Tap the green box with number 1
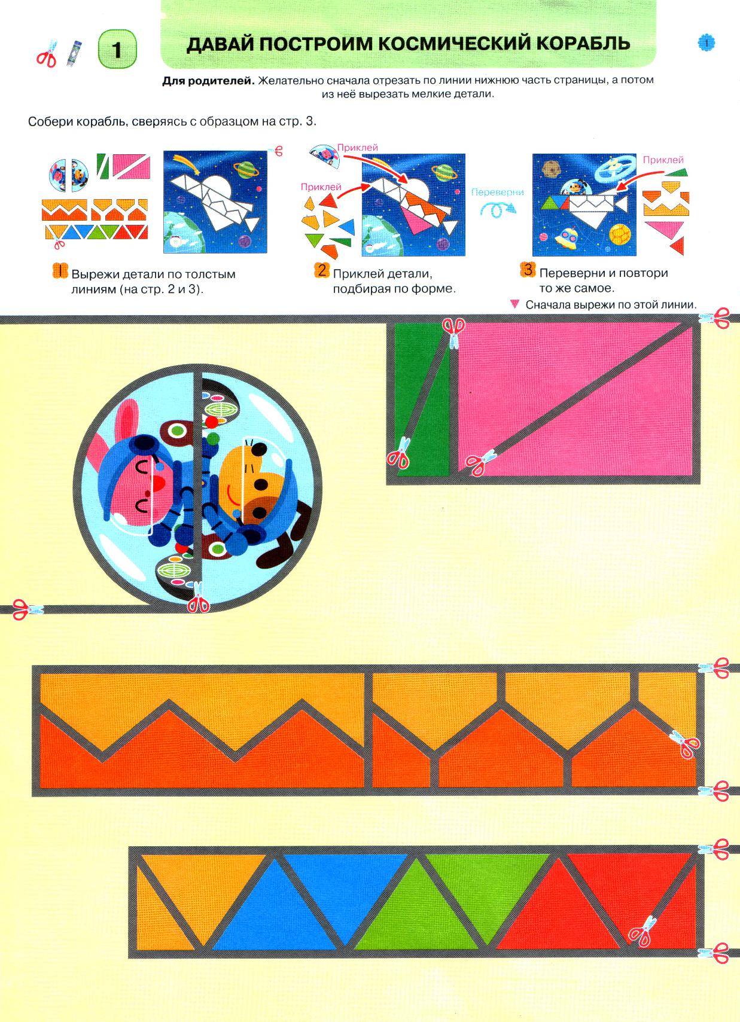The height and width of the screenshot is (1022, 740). (x=117, y=49)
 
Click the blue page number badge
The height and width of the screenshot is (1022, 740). (x=706, y=43)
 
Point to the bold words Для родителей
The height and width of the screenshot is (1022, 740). (x=208, y=81)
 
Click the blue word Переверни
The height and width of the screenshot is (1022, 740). (x=497, y=192)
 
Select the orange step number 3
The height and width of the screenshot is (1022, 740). (x=528, y=270)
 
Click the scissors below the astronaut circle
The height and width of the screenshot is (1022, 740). (x=199, y=597)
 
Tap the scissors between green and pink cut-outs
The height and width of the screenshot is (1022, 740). (x=454, y=332)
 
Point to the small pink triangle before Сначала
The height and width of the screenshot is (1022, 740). (x=514, y=304)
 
